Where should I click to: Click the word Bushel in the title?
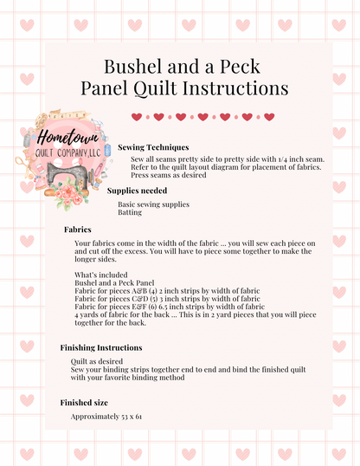tap(131, 67)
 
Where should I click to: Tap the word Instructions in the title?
tap(235, 87)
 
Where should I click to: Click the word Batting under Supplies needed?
tap(130, 211)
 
